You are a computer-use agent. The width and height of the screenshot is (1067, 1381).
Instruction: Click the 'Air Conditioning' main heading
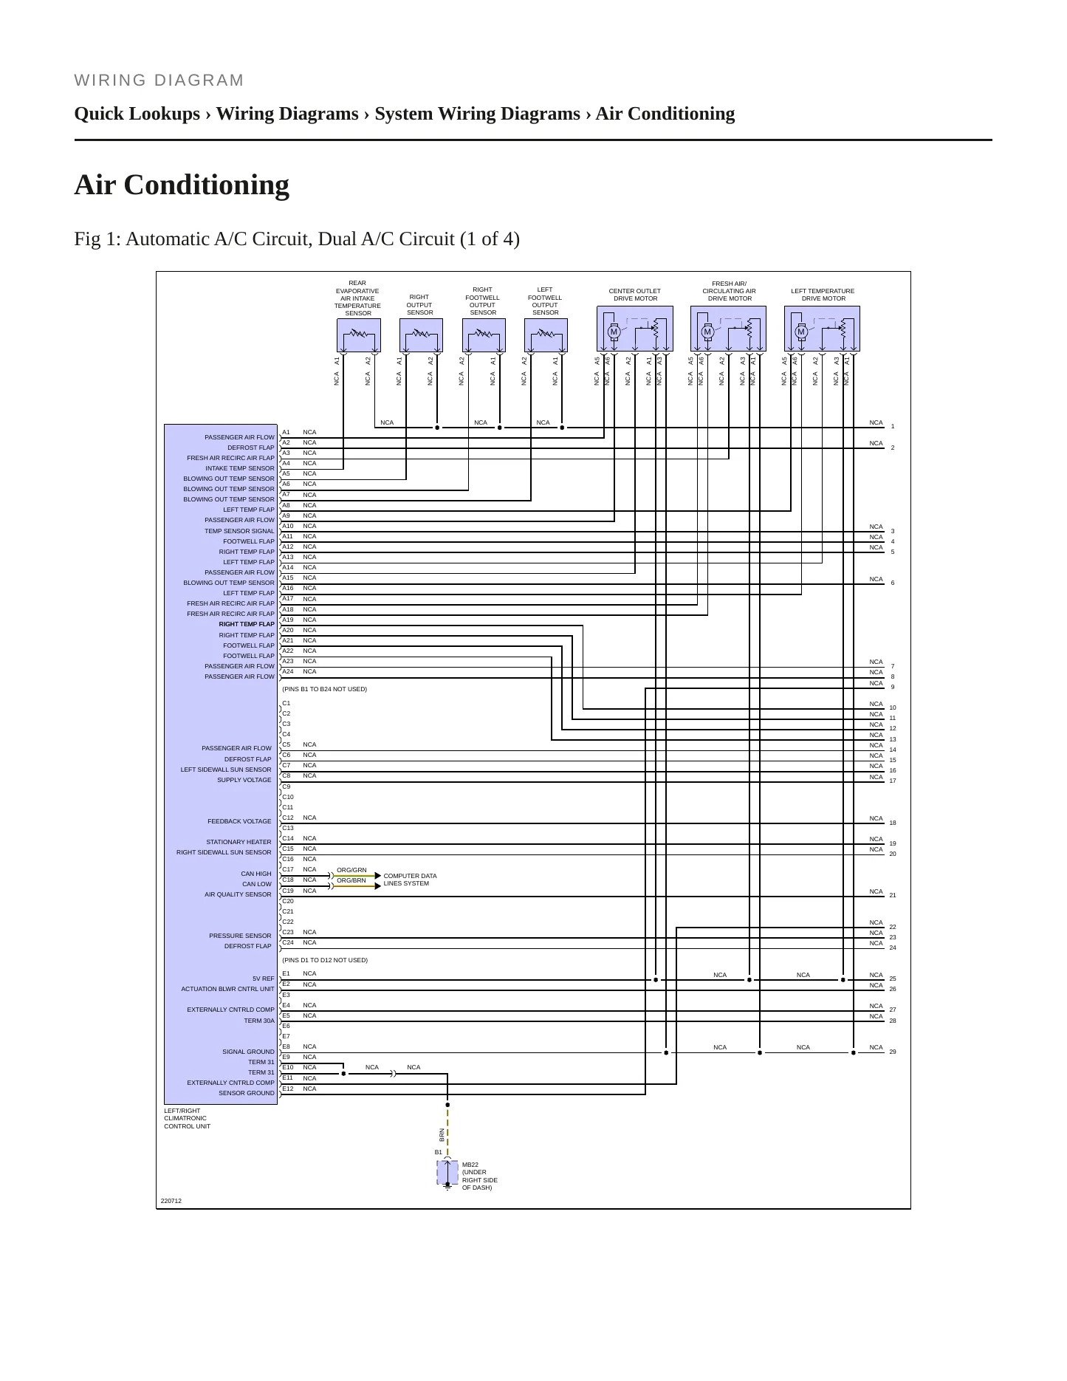(x=182, y=185)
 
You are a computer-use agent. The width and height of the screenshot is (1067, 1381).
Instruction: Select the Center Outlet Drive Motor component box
(x=635, y=329)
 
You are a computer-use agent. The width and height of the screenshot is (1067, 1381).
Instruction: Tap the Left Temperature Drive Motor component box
(x=823, y=329)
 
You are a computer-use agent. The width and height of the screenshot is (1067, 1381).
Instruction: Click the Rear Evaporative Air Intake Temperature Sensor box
(x=359, y=335)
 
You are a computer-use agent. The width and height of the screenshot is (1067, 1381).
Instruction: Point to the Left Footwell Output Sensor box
(x=546, y=335)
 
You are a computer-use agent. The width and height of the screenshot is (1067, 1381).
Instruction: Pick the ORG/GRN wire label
(x=351, y=871)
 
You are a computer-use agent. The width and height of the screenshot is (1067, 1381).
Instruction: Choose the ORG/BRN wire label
(x=351, y=881)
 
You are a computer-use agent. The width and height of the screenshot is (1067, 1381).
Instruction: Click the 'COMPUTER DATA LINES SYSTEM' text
(x=410, y=880)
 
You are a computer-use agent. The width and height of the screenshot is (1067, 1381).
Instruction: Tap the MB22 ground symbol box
(x=447, y=1173)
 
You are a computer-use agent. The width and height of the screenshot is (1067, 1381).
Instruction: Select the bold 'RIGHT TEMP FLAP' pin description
(x=247, y=625)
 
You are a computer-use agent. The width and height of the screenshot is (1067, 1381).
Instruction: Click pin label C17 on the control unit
(x=288, y=870)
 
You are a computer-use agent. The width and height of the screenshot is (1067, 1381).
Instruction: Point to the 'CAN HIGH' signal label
(x=256, y=874)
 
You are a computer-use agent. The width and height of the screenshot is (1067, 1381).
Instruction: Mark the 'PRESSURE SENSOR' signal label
(x=240, y=936)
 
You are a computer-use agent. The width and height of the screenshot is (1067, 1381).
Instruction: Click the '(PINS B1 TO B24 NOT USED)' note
(x=324, y=690)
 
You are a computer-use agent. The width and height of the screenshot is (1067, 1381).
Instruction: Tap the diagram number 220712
(x=171, y=1202)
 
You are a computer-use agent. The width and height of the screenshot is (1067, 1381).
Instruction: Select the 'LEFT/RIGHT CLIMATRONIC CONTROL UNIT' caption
(x=187, y=1119)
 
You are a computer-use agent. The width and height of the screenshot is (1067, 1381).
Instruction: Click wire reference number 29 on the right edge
(x=893, y=1052)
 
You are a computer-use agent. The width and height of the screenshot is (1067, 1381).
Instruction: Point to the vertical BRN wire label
(x=442, y=1135)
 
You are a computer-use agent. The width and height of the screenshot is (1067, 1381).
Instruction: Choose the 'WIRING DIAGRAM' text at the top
(x=159, y=80)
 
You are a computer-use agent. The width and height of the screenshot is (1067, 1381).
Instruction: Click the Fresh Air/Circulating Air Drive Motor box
(x=729, y=329)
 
